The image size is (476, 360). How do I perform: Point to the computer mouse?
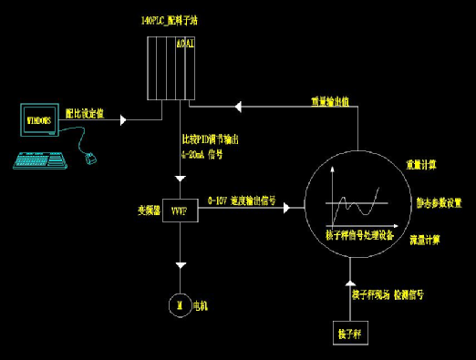coord(89,159)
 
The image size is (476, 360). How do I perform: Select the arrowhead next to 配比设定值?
coord(125,118)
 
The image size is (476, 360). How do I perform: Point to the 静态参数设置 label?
coord(440,202)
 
